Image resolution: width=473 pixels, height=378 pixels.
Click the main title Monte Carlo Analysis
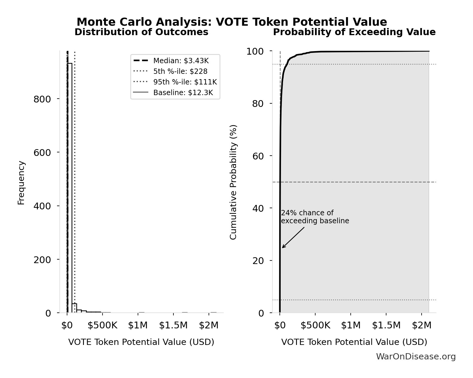click(232, 22)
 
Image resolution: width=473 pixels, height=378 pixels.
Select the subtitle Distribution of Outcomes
click(141, 32)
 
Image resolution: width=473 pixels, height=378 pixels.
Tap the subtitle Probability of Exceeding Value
click(354, 32)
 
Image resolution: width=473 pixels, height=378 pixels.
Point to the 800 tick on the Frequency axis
click(42, 99)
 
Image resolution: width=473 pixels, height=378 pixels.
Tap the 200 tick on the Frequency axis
click(42, 260)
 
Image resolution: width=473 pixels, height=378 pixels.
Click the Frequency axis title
click(21, 183)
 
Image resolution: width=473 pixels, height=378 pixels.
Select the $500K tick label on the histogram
click(102, 325)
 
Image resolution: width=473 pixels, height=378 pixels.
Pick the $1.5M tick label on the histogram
click(173, 325)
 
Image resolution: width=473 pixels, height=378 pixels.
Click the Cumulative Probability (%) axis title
click(233, 182)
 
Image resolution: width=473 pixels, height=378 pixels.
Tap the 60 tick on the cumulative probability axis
click(258, 156)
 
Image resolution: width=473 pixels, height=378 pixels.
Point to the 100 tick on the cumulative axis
click(255, 51)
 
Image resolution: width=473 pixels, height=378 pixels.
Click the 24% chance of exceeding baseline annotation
click(315, 217)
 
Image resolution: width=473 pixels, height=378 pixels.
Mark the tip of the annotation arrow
click(282, 248)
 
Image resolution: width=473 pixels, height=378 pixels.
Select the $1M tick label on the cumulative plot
click(351, 325)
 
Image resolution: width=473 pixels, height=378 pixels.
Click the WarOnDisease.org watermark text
click(416, 357)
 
